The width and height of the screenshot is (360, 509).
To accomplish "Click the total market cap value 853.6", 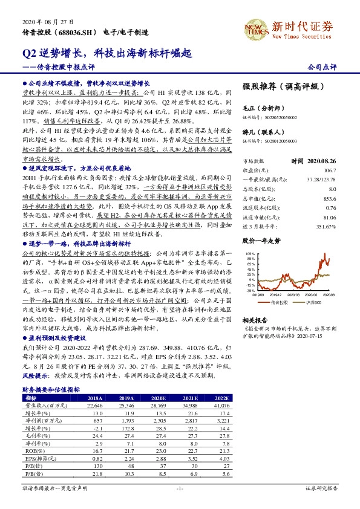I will point(329,198).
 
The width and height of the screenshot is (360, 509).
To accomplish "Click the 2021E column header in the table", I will point(180,398).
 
